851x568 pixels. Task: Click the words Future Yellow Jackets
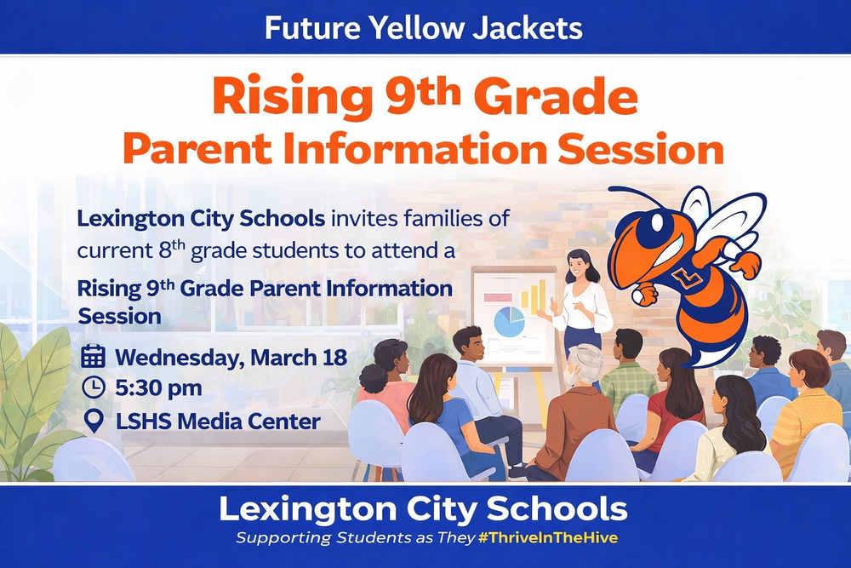(423, 27)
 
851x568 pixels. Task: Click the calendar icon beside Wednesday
(93, 356)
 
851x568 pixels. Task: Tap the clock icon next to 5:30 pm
(93, 388)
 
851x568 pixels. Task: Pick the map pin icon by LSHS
(93, 420)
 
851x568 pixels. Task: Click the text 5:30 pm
(158, 388)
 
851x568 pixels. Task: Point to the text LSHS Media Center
(218, 421)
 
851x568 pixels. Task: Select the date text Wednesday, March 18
(231, 356)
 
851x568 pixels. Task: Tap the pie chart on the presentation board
(509, 322)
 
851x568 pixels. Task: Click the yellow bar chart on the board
(534, 295)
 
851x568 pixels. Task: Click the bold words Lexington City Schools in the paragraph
(201, 218)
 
